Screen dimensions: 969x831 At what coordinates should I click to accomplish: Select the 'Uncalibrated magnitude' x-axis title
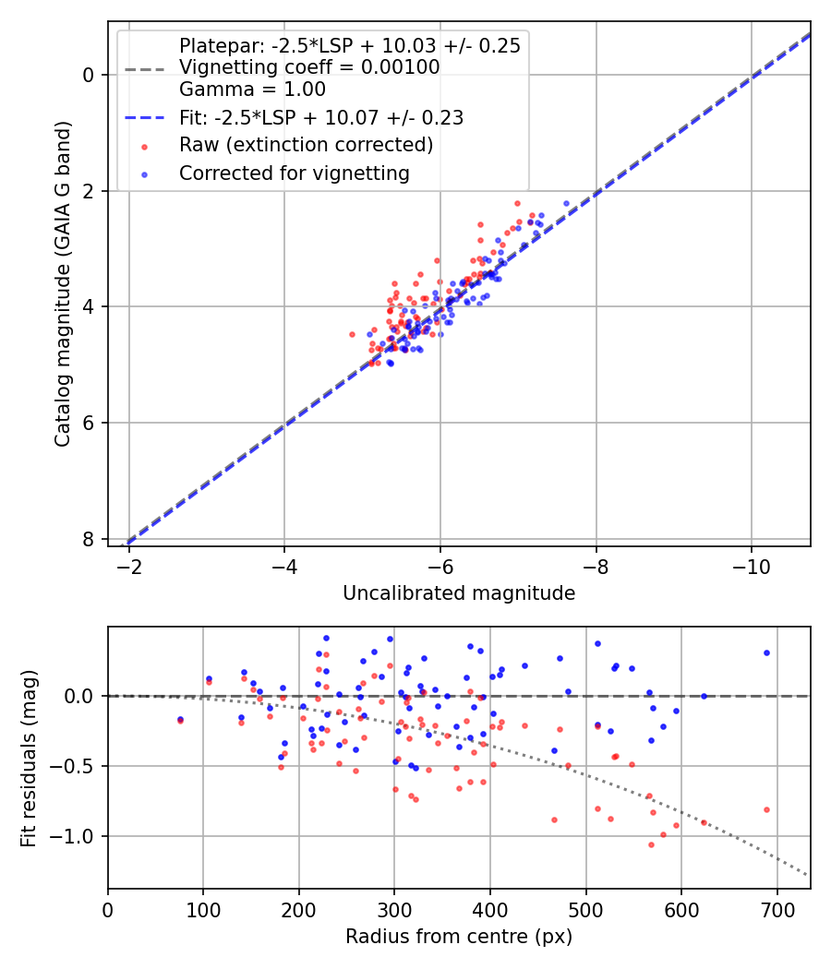(459, 593)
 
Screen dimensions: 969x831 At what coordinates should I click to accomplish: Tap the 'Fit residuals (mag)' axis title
(29, 758)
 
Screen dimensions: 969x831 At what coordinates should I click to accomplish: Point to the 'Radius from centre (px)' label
(459, 937)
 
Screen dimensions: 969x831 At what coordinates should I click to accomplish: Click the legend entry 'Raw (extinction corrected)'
(306, 145)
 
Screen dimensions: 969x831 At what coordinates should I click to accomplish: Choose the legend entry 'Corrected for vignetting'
(295, 173)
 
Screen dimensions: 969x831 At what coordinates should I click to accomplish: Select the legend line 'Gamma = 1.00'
(252, 90)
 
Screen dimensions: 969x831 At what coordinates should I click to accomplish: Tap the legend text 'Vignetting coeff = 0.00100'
(309, 67)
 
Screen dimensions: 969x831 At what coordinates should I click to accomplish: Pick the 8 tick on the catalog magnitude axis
(90, 539)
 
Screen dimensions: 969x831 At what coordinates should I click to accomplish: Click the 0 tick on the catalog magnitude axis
(90, 75)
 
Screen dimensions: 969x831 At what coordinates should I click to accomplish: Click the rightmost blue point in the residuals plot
(766, 652)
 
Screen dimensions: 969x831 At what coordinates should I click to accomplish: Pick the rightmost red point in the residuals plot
(766, 809)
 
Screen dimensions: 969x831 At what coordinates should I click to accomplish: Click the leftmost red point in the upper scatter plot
(352, 334)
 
